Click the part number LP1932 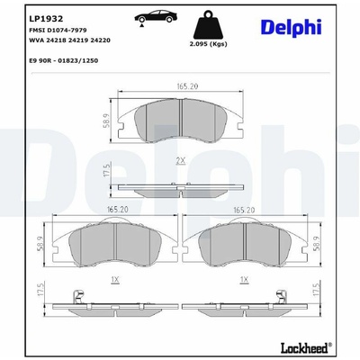pos(46,19)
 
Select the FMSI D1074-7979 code pos(58,30)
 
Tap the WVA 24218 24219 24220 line pos(69,40)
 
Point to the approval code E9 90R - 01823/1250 pos(63,60)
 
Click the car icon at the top pos(156,17)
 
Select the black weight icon pos(208,24)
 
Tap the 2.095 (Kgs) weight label pos(208,44)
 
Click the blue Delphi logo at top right pos(292,27)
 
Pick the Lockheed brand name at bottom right pos(304,348)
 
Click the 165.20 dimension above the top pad pos(187,86)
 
